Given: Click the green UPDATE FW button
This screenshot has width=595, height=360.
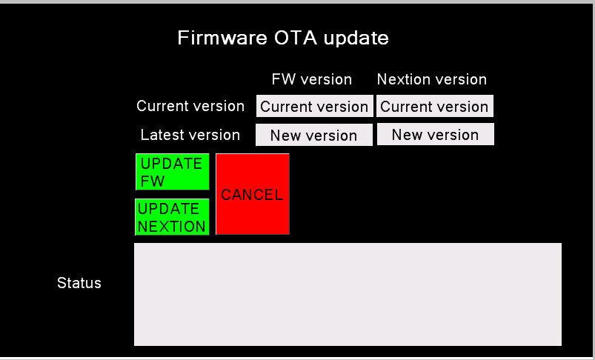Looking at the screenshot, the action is point(173,172).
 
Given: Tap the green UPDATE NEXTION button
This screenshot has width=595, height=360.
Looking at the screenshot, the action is point(173,217).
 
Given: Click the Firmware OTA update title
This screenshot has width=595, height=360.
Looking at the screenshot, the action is point(283,38).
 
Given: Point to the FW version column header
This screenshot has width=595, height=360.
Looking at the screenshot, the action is point(311,79).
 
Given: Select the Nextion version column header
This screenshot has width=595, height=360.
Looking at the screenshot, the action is point(432,79).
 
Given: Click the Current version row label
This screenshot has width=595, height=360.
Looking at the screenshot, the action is point(190,106).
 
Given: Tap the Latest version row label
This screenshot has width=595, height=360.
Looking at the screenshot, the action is point(190,135).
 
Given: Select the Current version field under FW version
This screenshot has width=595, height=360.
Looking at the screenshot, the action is point(315,106).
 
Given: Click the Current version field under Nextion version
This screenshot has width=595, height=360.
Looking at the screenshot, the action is point(435,106).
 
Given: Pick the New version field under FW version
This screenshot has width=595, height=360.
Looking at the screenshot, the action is point(314,135).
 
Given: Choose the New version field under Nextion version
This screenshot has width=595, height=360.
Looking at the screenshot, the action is point(436,134).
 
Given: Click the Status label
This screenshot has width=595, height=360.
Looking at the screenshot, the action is point(79,283).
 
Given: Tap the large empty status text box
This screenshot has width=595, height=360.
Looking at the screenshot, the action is point(348,294).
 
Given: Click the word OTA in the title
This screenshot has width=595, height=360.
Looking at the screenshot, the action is point(295,38).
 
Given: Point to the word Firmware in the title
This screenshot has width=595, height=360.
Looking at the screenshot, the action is point(222,38).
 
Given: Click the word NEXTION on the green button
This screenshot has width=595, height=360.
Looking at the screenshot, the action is point(171,227).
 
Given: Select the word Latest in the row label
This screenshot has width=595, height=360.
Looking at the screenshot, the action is point(160,135).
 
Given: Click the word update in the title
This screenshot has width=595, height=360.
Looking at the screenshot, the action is point(356,39).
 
